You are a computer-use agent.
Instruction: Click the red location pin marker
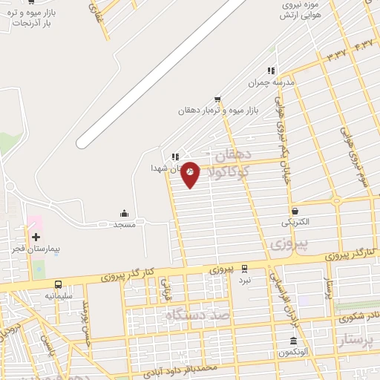(191, 174)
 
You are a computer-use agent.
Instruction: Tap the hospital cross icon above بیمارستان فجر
(36, 236)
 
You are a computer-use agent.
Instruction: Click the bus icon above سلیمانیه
(58, 284)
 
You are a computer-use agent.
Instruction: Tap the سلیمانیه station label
(59, 296)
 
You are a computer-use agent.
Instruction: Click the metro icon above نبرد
(244, 269)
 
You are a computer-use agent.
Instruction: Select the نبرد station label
(244, 280)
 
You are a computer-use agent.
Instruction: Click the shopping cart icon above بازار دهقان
(217, 99)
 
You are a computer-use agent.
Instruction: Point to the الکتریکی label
(296, 222)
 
